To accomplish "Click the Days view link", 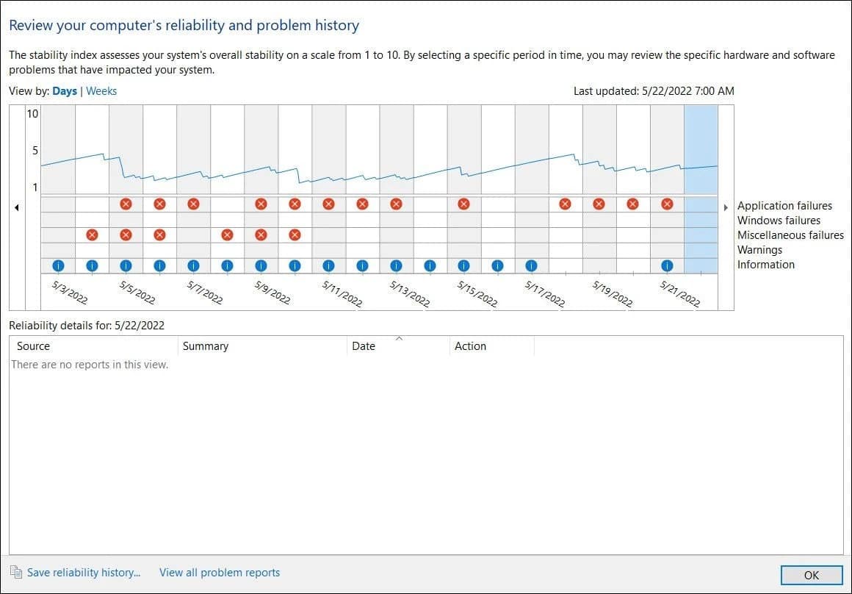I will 65,91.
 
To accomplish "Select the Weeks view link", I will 101,91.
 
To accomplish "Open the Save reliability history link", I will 83,572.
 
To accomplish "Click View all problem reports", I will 220,572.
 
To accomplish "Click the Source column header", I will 34,346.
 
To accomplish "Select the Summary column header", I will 206,346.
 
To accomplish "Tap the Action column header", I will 470,346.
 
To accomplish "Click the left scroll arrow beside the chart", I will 17,208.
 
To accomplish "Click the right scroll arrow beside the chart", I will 726,208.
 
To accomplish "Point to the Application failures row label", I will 784,206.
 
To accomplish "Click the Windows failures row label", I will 779,221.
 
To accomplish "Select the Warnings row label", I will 759,250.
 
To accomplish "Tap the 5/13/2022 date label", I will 409,293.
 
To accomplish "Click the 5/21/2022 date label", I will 679,293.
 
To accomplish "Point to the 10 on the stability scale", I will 32,114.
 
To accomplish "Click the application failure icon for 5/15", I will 463,204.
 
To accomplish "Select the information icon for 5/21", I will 667,265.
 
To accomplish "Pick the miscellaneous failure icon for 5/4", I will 92,235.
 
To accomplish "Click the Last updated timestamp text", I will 654,91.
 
